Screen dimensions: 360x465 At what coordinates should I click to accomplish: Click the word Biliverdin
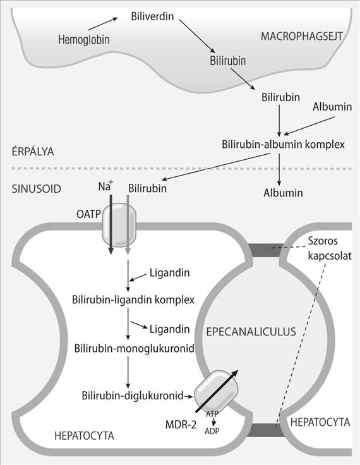click(152, 16)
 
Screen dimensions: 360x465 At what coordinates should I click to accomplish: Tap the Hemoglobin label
click(83, 39)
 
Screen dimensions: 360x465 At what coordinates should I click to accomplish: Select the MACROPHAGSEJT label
click(302, 36)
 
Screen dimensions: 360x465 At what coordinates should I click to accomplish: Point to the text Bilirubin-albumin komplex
click(283, 145)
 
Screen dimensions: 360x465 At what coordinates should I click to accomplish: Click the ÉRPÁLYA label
click(33, 151)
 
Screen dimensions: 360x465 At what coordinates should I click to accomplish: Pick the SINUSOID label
click(36, 189)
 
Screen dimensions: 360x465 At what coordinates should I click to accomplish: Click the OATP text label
click(88, 214)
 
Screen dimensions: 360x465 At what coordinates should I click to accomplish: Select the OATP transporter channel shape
click(119, 225)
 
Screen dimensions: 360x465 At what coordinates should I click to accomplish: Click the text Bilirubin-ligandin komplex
click(133, 299)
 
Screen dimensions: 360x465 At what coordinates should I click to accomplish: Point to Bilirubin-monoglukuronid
click(134, 348)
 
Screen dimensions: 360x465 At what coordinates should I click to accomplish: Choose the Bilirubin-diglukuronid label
click(133, 396)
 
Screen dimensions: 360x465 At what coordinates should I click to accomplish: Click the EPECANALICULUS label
click(251, 332)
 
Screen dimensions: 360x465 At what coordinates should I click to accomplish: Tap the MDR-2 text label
click(181, 425)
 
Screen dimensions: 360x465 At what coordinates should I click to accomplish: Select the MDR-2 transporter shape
click(216, 391)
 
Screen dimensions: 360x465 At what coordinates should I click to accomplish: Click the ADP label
click(212, 431)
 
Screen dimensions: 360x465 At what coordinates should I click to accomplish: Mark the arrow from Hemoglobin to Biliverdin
click(103, 24)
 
